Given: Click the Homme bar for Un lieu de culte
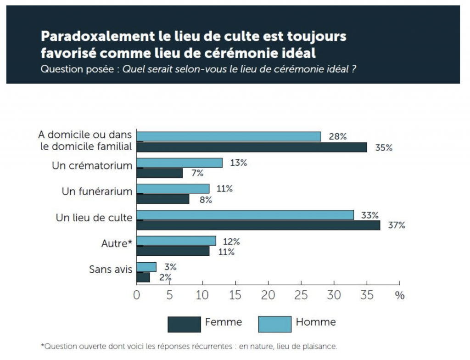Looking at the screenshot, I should pos(245,215).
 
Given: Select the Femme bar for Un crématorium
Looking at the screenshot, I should pos(159,173).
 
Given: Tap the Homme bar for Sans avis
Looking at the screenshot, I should pos(146,267).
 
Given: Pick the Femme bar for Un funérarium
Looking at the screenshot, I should pos(162,199).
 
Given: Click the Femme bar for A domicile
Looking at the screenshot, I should pos(252,147).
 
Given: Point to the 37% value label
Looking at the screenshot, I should pos(396,225).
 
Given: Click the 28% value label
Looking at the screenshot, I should pos(337,136).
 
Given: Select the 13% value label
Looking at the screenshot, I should pos(238,163).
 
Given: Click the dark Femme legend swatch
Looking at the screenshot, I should pos(184,324).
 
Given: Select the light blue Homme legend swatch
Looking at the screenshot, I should pos(274,324).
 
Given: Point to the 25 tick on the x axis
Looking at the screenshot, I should pos(301,295).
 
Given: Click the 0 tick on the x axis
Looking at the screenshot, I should pos(137,295).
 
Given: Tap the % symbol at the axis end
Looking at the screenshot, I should pos(400,295).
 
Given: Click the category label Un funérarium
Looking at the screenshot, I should pos(97,191).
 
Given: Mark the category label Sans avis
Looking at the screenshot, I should pos(111,270).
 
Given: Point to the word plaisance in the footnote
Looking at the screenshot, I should pos(324,346).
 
